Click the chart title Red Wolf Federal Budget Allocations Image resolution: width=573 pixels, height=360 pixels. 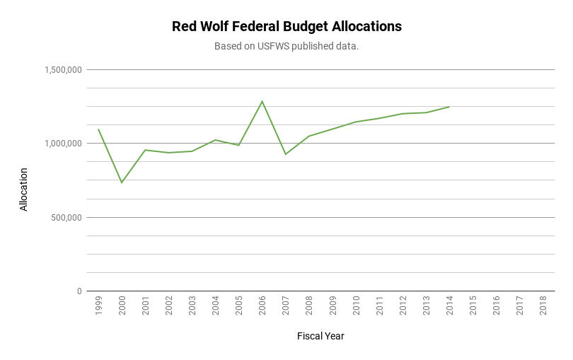[286, 27]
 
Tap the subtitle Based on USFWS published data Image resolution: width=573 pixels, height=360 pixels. [286, 47]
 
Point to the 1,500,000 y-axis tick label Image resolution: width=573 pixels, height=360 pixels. [63, 70]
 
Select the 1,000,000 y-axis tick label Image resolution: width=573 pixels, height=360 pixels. [63, 144]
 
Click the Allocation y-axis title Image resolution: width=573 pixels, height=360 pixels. [24, 190]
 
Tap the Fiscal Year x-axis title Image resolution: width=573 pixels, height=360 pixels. [320, 337]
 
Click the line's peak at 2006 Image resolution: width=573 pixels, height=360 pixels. [262, 101]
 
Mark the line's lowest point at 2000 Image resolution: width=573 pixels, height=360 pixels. [122, 183]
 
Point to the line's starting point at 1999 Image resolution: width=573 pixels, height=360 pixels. [98, 129]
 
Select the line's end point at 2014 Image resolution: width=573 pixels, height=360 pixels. [449, 107]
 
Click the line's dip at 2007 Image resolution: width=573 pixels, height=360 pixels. [285, 154]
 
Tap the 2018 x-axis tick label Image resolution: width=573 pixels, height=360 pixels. [543, 306]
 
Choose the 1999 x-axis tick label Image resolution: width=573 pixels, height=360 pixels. [98, 306]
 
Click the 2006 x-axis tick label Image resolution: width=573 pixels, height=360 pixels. [262, 306]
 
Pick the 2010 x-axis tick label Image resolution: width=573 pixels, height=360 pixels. [356, 306]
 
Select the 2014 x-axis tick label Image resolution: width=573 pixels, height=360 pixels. [449, 306]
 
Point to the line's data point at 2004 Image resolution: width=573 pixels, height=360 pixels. [215, 140]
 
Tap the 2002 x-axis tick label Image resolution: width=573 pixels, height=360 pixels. [168, 306]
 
